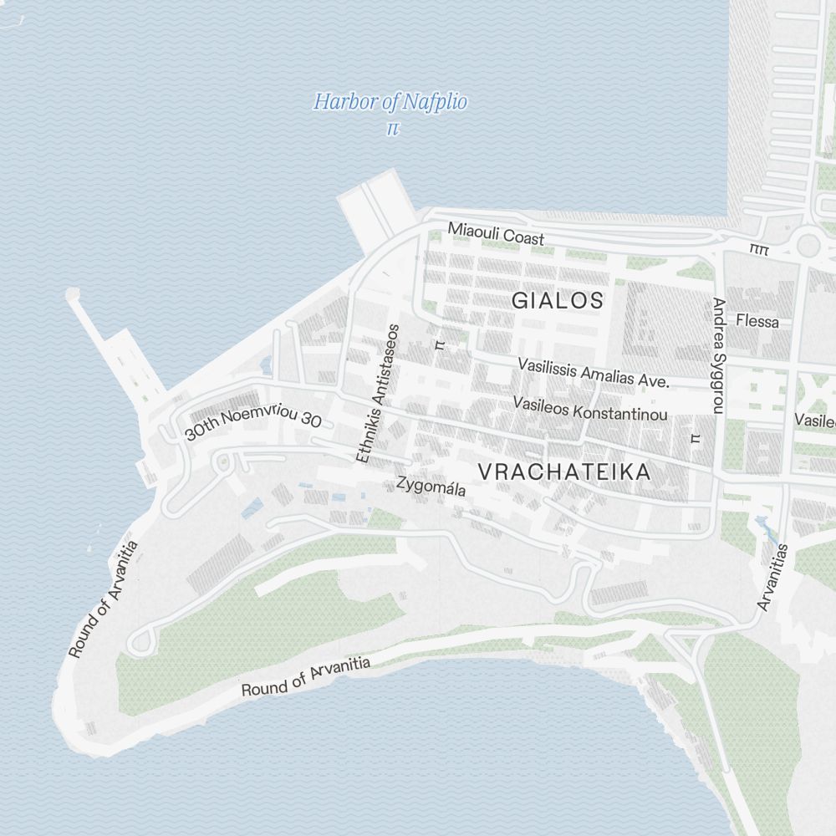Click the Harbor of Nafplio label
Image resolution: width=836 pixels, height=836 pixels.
(x=390, y=103)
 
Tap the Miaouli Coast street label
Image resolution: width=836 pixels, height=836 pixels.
(x=496, y=233)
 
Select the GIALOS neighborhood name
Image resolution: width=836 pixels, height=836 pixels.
(x=557, y=301)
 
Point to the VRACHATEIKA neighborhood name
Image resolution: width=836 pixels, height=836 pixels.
(x=564, y=472)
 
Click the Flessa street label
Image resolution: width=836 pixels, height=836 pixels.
(x=757, y=321)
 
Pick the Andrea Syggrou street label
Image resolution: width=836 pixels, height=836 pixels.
(x=718, y=355)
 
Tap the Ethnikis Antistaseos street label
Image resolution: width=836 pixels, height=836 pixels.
(x=379, y=394)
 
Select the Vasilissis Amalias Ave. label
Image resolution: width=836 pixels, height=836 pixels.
(x=594, y=373)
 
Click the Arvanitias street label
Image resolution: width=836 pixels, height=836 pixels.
(x=773, y=577)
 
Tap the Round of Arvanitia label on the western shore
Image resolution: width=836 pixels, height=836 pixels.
(x=103, y=599)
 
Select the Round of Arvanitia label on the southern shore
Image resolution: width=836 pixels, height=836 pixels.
(x=305, y=677)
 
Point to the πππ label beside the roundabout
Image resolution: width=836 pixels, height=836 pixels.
(x=759, y=249)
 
